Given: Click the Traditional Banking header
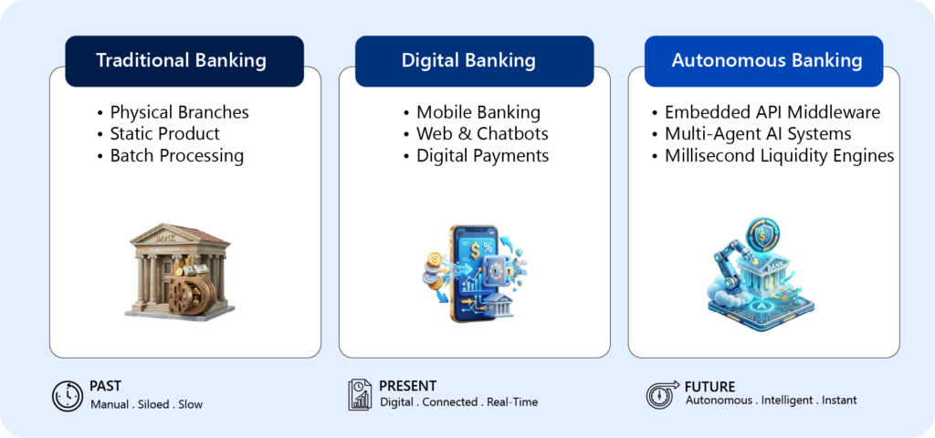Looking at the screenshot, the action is click(184, 61).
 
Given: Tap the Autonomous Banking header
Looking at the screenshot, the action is click(763, 61).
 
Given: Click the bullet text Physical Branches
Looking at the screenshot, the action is click(180, 112).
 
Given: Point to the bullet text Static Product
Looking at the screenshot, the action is click(165, 133).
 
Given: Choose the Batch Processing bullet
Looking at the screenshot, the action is click(177, 155).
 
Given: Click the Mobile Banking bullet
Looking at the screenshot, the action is click(478, 112).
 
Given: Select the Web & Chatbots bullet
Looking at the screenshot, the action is click(482, 133).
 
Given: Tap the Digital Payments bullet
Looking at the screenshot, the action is click(482, 155).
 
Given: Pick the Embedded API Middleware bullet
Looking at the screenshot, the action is click(772, 112).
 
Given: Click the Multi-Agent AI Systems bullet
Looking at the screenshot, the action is click(758, 133).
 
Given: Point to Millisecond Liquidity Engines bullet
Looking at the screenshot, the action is click(780, 155).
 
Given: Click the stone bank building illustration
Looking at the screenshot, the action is click(180, 272).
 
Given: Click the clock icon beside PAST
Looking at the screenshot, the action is click(68, 396).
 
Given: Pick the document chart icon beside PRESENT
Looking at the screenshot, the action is click(360, 394).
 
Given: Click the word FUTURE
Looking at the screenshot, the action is click(709, 386).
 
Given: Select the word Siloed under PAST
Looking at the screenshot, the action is click(152, 404).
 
